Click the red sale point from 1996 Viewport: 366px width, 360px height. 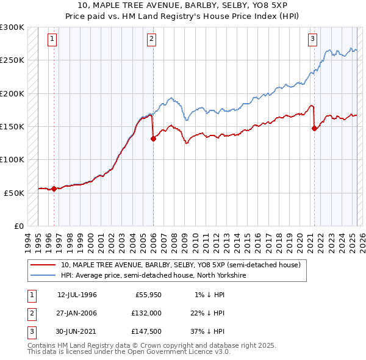(54, 189)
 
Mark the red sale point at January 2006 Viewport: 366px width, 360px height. (153, 139)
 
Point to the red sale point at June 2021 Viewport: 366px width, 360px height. (315, 128)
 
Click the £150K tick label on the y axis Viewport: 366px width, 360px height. (12, 126)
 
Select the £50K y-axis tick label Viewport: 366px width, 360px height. (15, 192)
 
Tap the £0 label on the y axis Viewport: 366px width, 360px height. (18, 226)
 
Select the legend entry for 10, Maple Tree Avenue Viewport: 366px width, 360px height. (181, 265)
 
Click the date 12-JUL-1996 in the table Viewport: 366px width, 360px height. (77, 295)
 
